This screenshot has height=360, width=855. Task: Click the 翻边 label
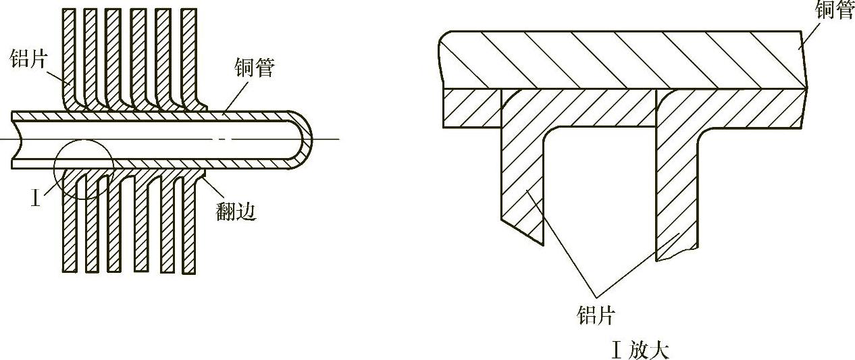click(236, 211)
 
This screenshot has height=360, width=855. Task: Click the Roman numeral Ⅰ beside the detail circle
click(36, 199)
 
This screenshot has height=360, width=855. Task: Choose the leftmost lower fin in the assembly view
click(69, 230)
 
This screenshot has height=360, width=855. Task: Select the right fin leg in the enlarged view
click(676, 189)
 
